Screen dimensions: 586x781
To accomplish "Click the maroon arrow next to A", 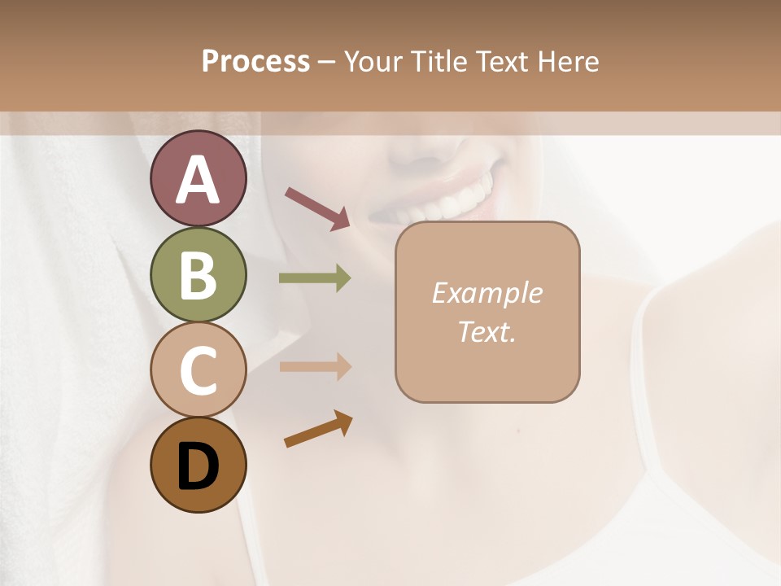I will point(317,208).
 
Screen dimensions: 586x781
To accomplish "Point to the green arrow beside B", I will point(315,278).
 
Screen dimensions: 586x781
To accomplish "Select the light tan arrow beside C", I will point(315,367).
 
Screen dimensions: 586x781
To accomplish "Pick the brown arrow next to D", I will point(318,430).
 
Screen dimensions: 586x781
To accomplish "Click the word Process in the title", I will point(255,62).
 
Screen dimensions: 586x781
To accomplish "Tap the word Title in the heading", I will point(439,62).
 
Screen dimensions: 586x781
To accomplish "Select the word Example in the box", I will point(486,293).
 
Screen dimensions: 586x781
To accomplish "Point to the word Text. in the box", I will point(486,331).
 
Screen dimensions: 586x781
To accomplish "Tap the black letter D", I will point(198,467).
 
